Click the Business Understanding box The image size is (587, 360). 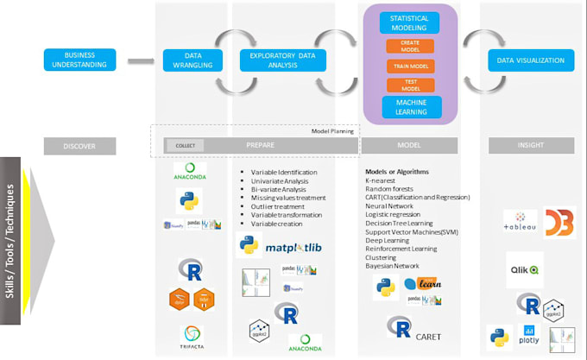coord(79,60)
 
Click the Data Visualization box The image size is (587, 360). coord(531,60)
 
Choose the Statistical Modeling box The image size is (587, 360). coord(409,23)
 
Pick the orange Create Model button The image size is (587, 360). coord(410,46)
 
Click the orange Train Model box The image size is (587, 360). coord(410,65)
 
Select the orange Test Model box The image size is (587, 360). coord(410,85)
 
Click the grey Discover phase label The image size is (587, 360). coord(79,146)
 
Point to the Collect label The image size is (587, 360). coord(186,146)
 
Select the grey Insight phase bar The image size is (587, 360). coord(531,146)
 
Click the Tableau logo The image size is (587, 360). coord(521,224)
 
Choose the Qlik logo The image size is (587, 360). coord(524,269)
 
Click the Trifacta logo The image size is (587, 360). coord(192,335)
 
